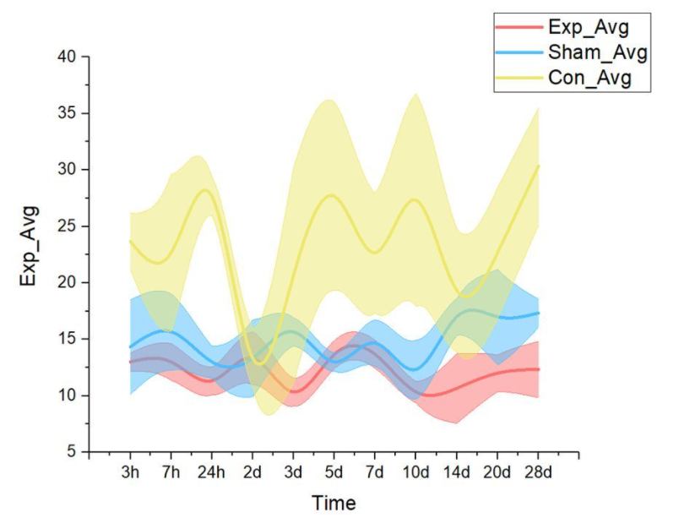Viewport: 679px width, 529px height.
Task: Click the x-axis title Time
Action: (334, 504)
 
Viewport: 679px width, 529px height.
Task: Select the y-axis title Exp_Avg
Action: (30, 254)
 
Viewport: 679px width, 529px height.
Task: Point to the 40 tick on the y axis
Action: (67, 57)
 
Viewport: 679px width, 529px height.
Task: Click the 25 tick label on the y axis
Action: (67, 226)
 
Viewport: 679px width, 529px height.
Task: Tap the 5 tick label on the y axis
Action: (71, 452)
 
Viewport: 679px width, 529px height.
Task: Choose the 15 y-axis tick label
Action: (67, 339)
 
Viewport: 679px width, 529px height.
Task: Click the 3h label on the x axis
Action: (130, 471)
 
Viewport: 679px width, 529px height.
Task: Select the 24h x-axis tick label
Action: (211, 471)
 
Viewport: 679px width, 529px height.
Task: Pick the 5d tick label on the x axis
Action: (334, 471)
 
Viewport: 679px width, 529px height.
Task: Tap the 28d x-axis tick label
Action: (539, 471)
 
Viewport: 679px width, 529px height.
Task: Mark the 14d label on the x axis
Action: (457, 471)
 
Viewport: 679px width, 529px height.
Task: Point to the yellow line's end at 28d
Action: (539, 166)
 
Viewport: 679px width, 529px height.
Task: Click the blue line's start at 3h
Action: (130, 346)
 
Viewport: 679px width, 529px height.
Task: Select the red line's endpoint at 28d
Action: (539, 368)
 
